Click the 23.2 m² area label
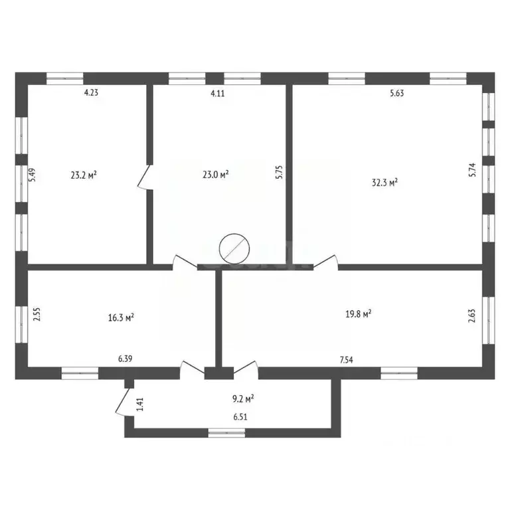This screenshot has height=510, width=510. pyautogui.click(x=84, y=175)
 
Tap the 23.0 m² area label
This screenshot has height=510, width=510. pyautogui.click(x=216, y=175)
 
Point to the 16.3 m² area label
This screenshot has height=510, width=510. pyautogui.click(x=122, y=317)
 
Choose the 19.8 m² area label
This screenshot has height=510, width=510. pyautogui.click(x=357, y=313)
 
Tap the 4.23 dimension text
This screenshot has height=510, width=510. pyautogui.click(x=91, y=94)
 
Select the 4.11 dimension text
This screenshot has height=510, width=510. pyautogui.click(x=218, y=94)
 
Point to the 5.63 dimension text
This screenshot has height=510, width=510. pyautogui.click(x=396, y=94)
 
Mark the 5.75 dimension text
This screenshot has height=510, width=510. pyautogui.click(x=280, y=172)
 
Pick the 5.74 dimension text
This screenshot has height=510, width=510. pyautogui.click(x=473, y=171)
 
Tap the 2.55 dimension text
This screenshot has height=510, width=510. pyautogui.click(x=38, y=313)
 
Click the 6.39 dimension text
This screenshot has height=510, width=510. pyautogui.click(x=125, y=359)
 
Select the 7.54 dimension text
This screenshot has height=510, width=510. pyautogui.click(x=346, y=359)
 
